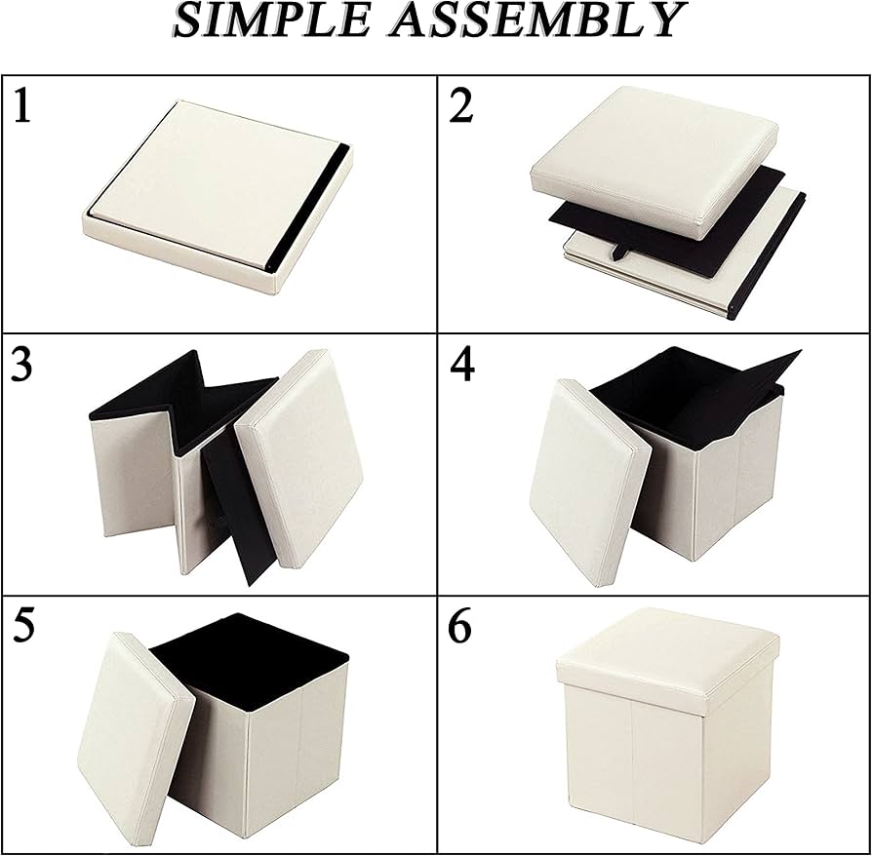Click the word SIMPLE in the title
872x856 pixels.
click(271, 20)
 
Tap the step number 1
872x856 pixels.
click(21, 105)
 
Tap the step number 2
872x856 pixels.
click(461, 105)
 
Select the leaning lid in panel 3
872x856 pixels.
click(299, 457)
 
